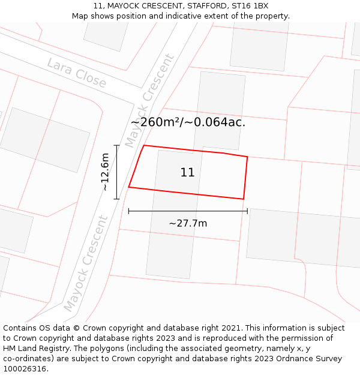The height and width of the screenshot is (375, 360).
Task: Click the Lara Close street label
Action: [76, 73]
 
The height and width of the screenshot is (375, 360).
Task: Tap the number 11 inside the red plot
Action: [187, 173]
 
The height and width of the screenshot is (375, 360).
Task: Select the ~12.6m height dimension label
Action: [104, 172]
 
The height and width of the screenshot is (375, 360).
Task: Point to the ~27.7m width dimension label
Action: [188, 223]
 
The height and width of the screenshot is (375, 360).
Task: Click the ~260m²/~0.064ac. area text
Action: [188, 122]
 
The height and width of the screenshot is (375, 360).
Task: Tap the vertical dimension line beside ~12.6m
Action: [117, 172]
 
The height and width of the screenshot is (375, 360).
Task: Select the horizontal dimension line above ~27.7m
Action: [188, 211]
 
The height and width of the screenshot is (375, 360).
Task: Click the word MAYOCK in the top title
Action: [125, 6]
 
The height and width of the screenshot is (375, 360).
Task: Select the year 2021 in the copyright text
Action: [230, 328]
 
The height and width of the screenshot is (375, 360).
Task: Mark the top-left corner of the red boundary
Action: [144, 146]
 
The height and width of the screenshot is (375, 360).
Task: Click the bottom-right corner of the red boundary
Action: [243, 199]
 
